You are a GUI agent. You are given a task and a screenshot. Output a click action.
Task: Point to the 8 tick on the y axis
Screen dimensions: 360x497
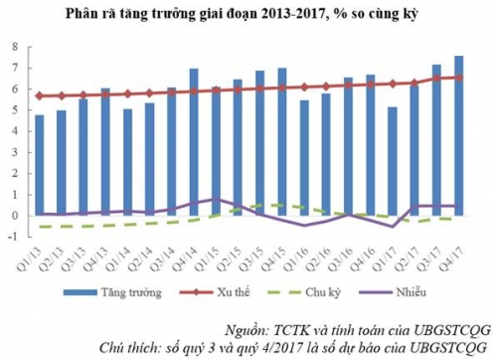pyautogui.click(x=14, y=47)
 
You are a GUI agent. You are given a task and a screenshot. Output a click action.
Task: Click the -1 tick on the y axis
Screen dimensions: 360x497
pyautogui.click(x=13, y=237)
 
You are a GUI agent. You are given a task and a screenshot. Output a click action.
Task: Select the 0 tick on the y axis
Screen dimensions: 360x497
pyautogui.click(x=14, y=216)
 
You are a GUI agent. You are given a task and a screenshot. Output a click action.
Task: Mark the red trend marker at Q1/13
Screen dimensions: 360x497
pyautogui.click(x=40, y=95)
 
